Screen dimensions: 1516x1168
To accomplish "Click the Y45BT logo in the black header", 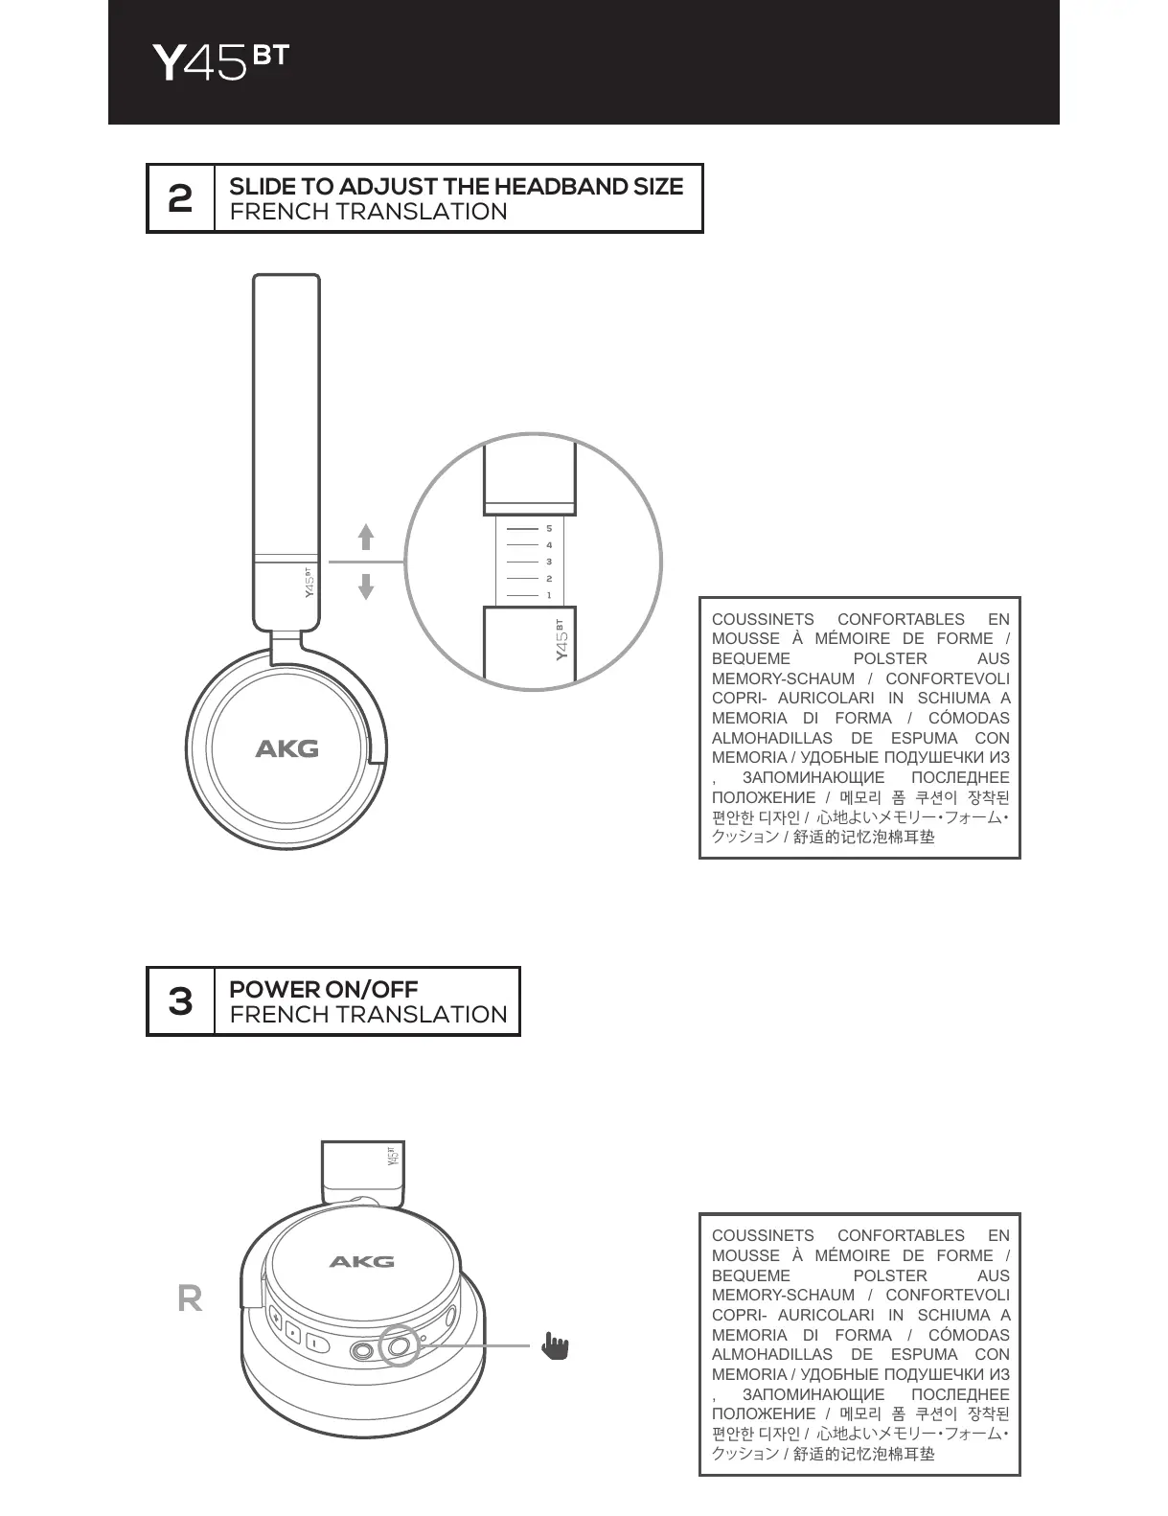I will coord(219,62).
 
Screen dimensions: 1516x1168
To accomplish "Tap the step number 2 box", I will coord(180,198).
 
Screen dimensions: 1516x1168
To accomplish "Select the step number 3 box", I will coord(180,1001).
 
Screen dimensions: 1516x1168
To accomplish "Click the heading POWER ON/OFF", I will coord(323,989).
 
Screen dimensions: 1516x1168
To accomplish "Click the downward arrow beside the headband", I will coord(366,585).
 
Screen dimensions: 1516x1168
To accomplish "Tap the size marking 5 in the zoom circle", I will coord(549,528).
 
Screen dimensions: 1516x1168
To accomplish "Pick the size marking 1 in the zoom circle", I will coord(549,595).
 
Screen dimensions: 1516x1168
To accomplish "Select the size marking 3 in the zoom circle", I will coord(549,562).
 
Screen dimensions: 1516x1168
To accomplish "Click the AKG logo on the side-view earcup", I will coord(286,748).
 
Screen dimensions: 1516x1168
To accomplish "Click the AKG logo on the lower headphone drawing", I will coord(361,1261).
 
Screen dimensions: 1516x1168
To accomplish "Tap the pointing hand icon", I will coord(554,1345).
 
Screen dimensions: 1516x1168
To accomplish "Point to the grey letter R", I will coord(190,1298).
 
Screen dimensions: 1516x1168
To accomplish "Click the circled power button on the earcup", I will coord(399,1346).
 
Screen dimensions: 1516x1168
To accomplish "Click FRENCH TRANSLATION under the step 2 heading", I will coord(368,212).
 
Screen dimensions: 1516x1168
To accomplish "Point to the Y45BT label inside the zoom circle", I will coord(561,639).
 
